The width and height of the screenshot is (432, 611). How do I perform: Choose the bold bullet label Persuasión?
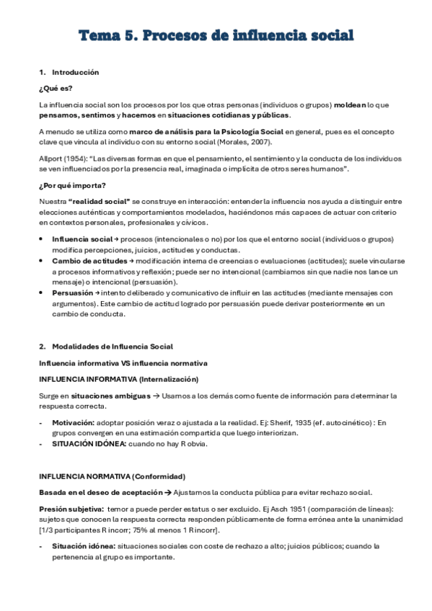(x=71, y=293)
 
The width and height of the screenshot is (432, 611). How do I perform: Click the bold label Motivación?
(x=73, y=423)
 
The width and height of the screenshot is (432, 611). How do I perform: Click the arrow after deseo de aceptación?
(x=166, y=492)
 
